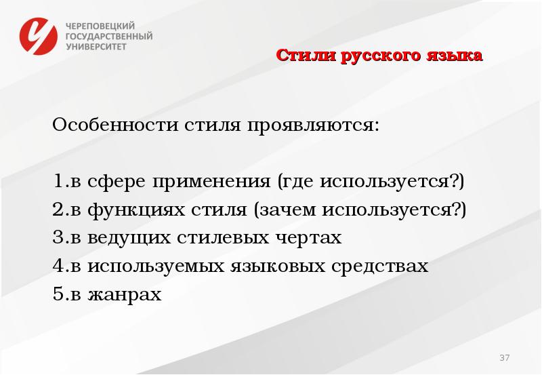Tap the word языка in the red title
(x=455, y=56)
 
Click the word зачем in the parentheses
(x=289, y=210)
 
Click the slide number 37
(x=504, y=357)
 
